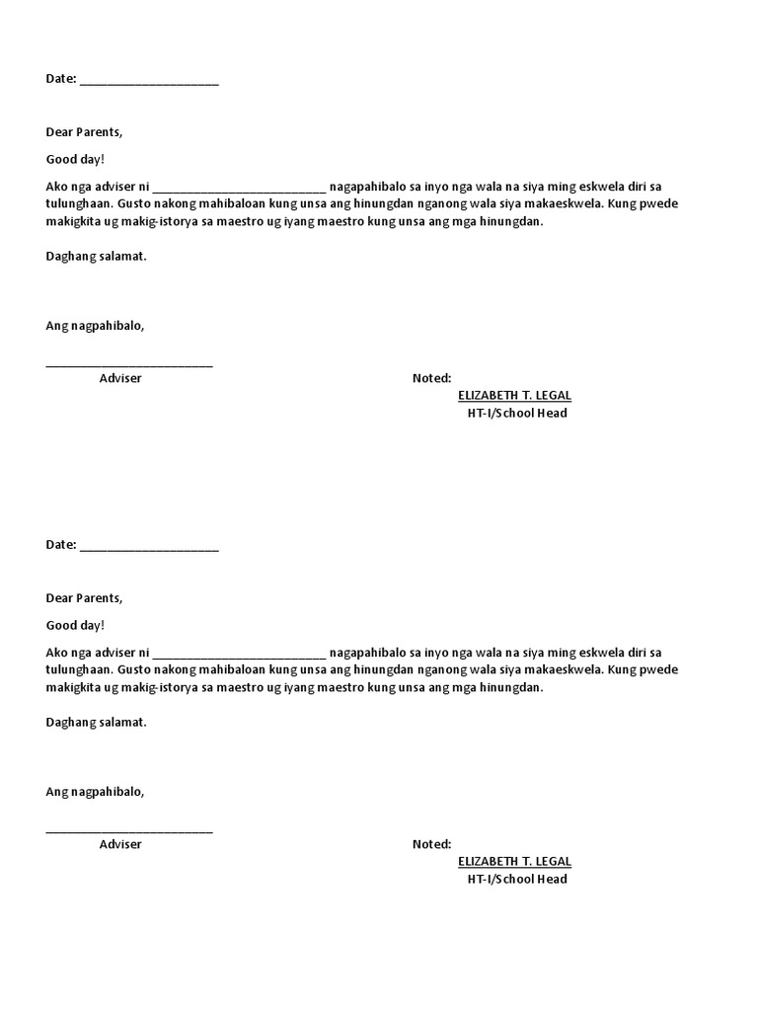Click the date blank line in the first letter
pyautogui.click(x=149, y=82)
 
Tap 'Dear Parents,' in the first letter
pyautogui.click(x=85, y=131)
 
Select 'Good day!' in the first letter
pyautogui.click(x=75, y=159)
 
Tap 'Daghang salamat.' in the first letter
pyautogui.click(x=96, y=256)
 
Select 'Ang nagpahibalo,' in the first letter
pyautogui.click(x=95, y=326)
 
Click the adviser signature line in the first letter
pyautogui.click(x=129, y=364)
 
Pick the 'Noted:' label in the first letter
pyautogui.click(x=431, y=378)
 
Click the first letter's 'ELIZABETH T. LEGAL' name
pyautogui.click(x=514, y=395)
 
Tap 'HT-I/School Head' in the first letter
pyautogui.click(x=517, y=413)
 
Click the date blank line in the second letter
pyautogui.click(x=149, y=548)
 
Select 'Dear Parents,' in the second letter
pyautogui.click(x=85, y=597)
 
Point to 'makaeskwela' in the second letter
pyautogui.click(x=560, y=669)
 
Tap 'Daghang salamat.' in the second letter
pyautogui.click(x=96, y=722)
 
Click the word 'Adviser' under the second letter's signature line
pyautogui.click(x=120, y=844)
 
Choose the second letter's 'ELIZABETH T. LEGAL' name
pyautogui.click(x=514, y=861)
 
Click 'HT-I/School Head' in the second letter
pyautogui.click(x=517, y=879)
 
